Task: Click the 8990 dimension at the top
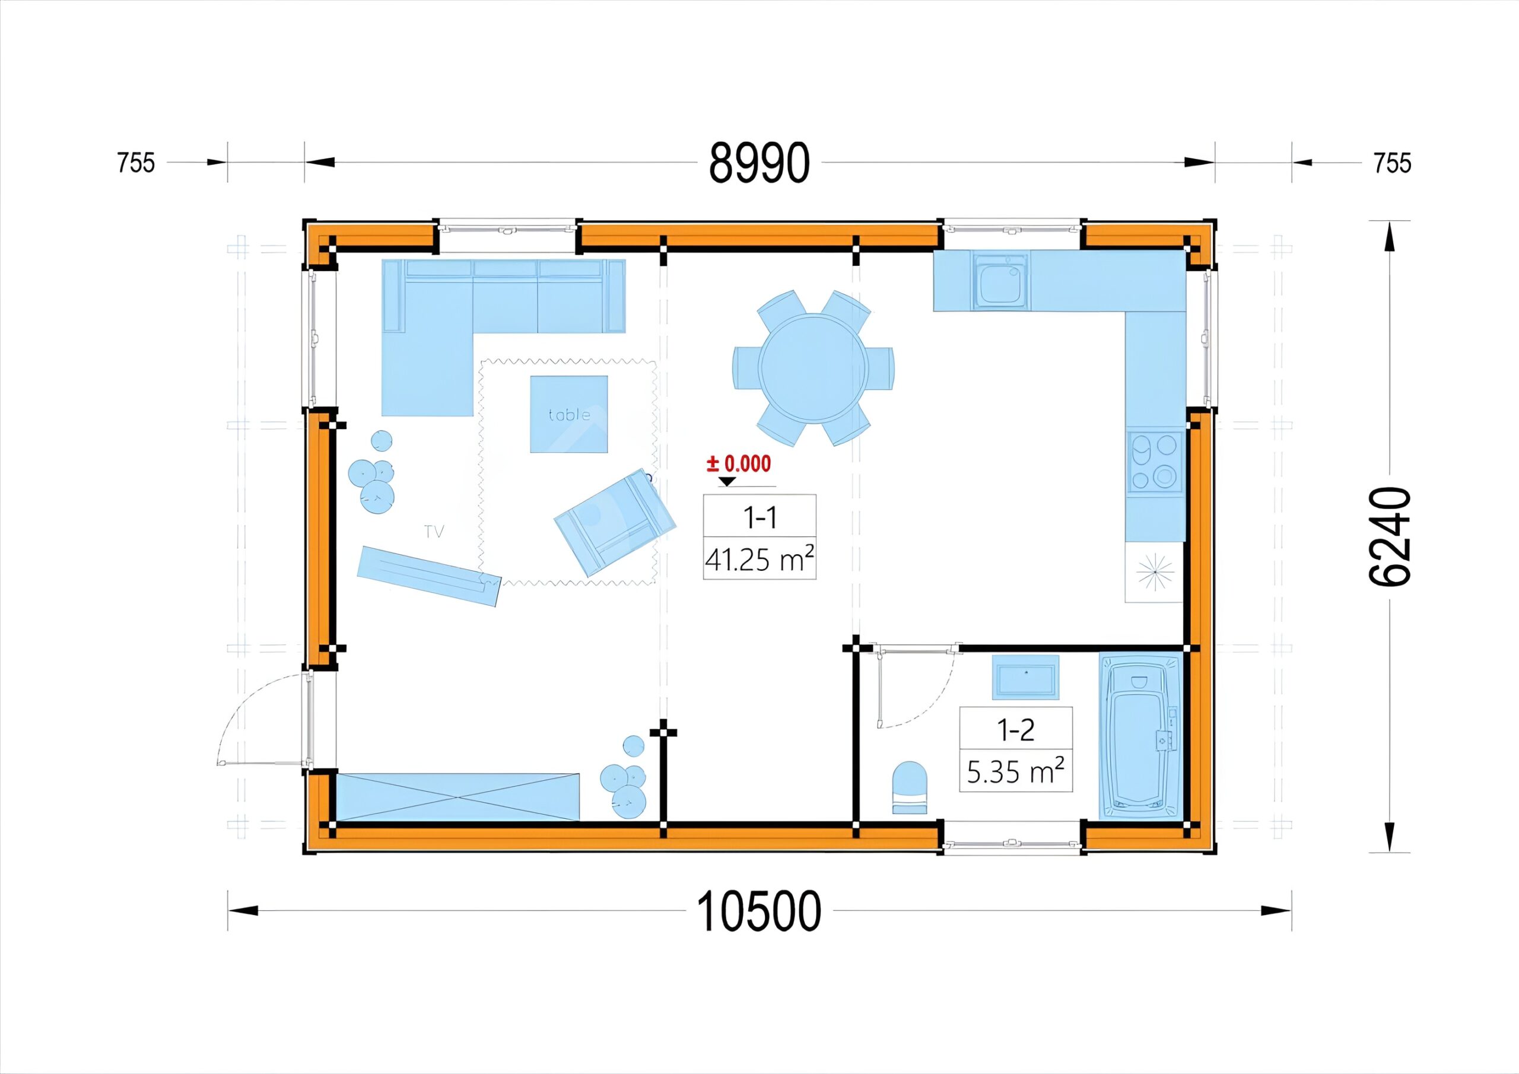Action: tap(759, 163)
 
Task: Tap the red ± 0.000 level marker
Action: tap(739, 464)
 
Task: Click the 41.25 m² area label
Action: tap(759, 560)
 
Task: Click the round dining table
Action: tap(813, 368)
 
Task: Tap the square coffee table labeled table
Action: tap(569, 414)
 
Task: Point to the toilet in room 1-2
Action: tap(910, 787)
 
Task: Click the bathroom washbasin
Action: tap(1025, 677)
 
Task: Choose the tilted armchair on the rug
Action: tap(615, 523)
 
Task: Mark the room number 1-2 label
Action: tap(1015, 730)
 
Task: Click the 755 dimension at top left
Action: tap(136, 163)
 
